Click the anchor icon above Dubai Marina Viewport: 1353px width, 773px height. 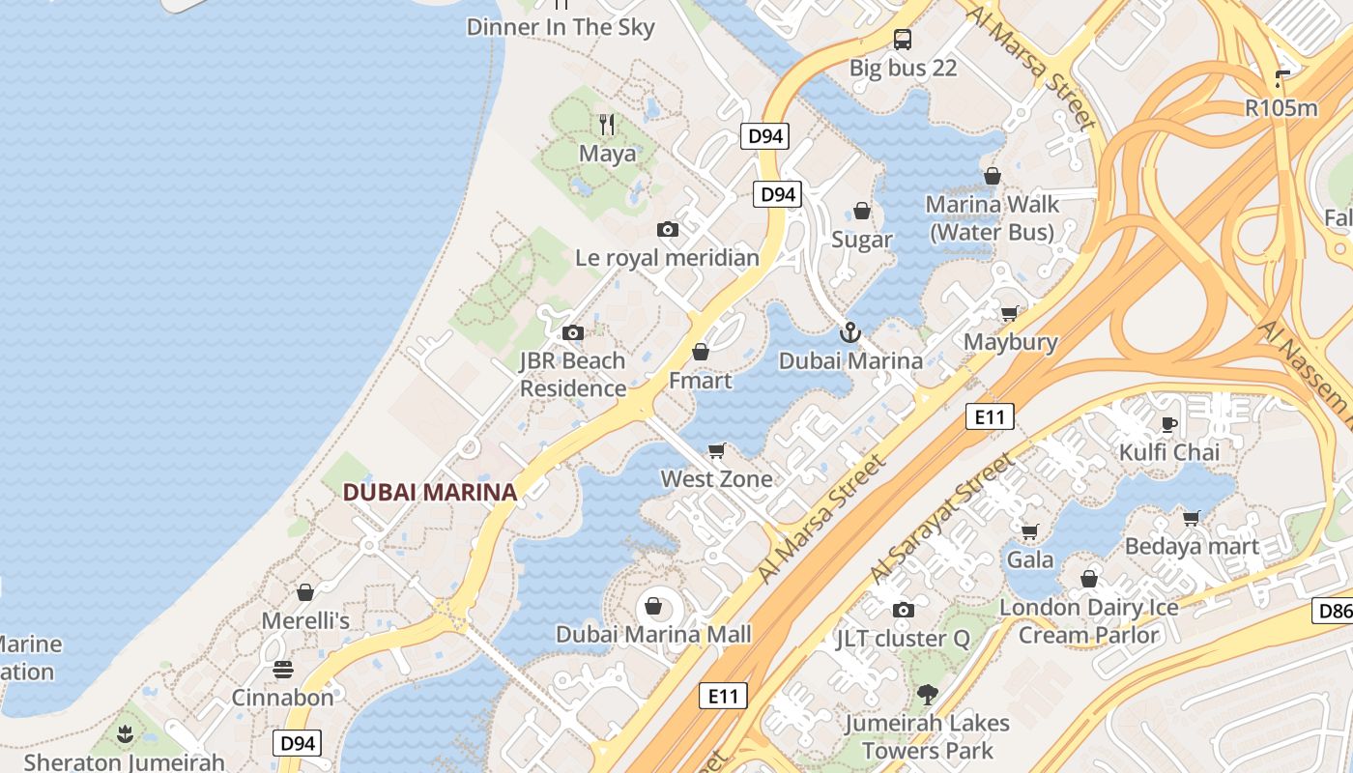pyautogui.click(x=849, y=333)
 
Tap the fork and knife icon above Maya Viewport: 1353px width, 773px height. pyautogui.click(x=607, y=125)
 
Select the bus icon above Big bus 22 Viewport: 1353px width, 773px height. pyautogui.click(x=903, y=40)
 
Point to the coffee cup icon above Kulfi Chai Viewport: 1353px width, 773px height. pyautogui.click(x=1169, y=424)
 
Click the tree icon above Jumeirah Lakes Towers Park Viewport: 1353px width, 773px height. pyautogui.click(x=928, y=694)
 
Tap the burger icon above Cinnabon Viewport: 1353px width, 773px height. pyautogui.click(x=282, y=669)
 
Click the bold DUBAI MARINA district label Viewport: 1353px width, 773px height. pyautogui.click(x=430, y=492)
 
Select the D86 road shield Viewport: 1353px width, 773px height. pyautogui.click(x=1334, y=611)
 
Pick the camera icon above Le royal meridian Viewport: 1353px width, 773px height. pyautogui.click(x=667, y=230)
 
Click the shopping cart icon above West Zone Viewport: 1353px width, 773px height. pyautogui.click(x=717, y=450)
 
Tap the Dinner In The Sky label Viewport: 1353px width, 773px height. pyautogui.click(x=561, y=27)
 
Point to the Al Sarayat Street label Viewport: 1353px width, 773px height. pyautogui.click(x=941, y=518)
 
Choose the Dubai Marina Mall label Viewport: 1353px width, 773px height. pyautogui.click(x=653, y=635)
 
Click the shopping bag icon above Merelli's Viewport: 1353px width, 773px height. pyautogui.click(x=305, y=592)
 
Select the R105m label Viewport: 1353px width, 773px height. pyautogui.click(x=1281, y=107)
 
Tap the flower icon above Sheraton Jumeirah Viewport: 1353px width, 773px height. pyautogui.click(x=124, y=734)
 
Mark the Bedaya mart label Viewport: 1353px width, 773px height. pyautogui.click(x=1192, y=546)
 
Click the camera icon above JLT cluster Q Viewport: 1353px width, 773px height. pyautogui.click(x=904, y=610)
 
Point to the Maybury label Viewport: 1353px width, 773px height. pyautogui.click(x=1011, y=342)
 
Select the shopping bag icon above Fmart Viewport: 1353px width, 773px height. pyautogui.click(x=701, y=352)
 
